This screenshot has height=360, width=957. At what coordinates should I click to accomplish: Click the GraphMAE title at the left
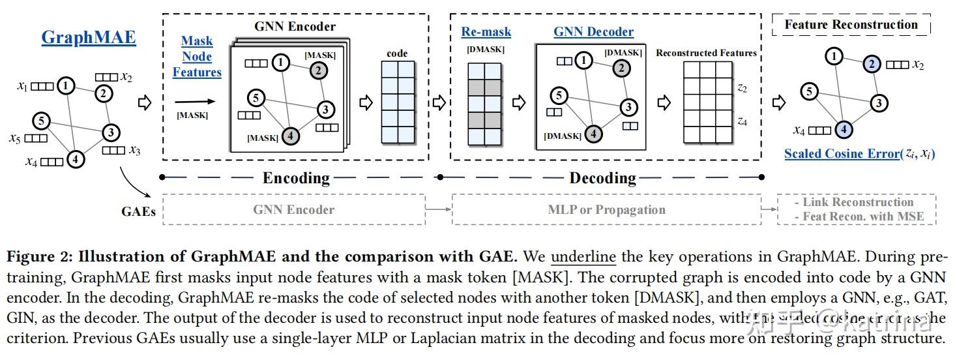pos(89,37)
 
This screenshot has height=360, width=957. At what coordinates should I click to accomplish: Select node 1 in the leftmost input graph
pos(65,85)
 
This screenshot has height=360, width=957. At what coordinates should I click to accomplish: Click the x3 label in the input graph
pos(134,151)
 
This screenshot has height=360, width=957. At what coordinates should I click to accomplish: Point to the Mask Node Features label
pos(197,57)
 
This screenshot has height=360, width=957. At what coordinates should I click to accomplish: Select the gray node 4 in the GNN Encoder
pos(291,136)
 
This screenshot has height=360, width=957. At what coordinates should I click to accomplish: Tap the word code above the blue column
pos(397,53)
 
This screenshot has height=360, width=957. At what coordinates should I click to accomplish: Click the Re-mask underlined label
pos(486,31)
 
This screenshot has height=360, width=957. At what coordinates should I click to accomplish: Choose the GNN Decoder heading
pos(593,31)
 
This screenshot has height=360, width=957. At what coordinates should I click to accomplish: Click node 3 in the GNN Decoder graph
pos(628,107)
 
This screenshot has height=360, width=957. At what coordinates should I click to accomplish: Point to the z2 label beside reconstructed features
pos(742,87)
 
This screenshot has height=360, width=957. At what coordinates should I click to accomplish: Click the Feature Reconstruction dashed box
pos(851,25)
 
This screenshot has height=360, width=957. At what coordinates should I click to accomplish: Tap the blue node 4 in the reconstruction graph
pos(844,129)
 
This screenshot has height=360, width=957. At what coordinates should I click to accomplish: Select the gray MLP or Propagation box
pos(606,209)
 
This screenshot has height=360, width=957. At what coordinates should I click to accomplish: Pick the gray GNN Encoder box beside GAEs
pos(293,209)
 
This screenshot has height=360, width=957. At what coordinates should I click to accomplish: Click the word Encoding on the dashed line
pos(297,177)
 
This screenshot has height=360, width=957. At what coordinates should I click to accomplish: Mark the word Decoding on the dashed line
pos(602,177)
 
